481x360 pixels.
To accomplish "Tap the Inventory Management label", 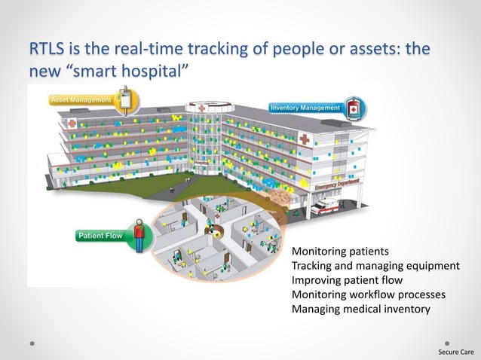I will [305, 108].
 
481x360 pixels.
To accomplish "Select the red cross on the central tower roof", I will [201, 108].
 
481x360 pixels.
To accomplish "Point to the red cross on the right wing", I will [304, 139].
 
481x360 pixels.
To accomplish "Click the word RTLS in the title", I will [47, 50].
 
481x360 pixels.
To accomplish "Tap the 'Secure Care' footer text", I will [457, 352].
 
